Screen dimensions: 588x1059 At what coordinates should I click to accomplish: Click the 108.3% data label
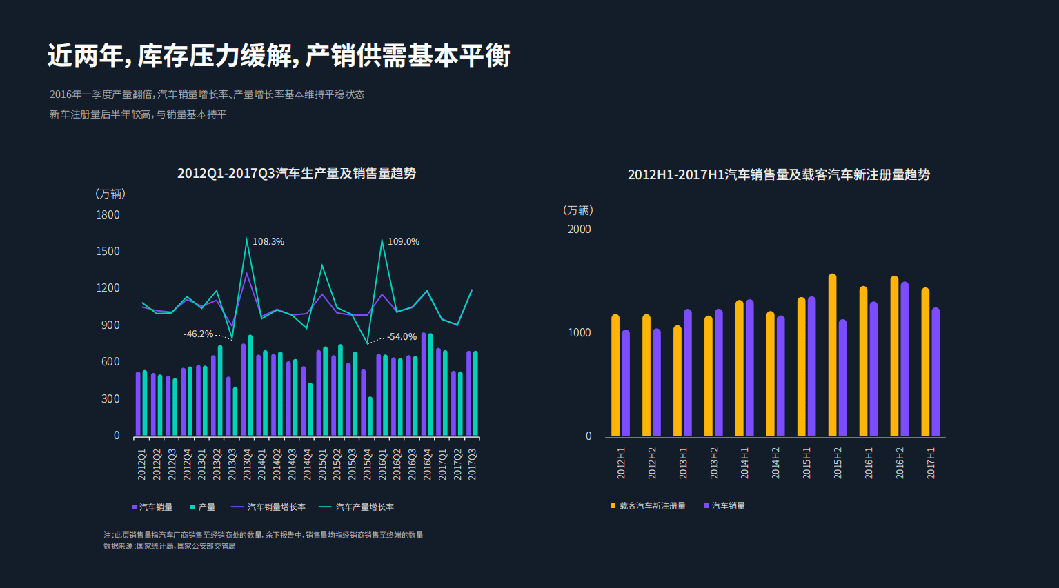point(268,241)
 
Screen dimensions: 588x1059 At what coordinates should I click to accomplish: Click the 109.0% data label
point(403,241)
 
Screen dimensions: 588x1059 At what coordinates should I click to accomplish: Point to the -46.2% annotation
point(198,334)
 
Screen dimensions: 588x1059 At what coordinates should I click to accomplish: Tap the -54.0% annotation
point(402,336)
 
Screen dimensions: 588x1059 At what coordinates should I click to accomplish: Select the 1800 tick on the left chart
point(108,214)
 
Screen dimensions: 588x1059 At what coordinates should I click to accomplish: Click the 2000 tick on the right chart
point(579,229)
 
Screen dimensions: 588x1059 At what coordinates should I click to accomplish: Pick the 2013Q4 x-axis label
point(247,464)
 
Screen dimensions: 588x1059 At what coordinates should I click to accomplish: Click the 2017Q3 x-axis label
point(473,464)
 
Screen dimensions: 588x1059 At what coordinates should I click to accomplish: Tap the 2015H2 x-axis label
point(838,463)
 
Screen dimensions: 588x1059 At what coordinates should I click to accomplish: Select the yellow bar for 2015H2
point(832,355)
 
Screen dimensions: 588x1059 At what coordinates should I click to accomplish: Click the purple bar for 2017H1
point(936,372)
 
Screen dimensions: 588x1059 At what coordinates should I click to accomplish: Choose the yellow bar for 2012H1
point(615,376)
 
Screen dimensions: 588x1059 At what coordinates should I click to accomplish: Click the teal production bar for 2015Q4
point(370,416)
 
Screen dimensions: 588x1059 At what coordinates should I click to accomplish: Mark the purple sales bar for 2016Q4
point(424,385)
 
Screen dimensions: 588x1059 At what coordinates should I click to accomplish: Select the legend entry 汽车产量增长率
point(364,507)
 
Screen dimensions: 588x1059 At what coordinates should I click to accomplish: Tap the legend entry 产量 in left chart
point(206,507)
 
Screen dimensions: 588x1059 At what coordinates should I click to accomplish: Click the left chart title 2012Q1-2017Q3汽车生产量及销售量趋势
point(297,173)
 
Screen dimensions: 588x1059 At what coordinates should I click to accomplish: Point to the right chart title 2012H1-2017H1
point(778,174)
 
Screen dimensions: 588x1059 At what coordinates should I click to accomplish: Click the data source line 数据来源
point(170,546)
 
